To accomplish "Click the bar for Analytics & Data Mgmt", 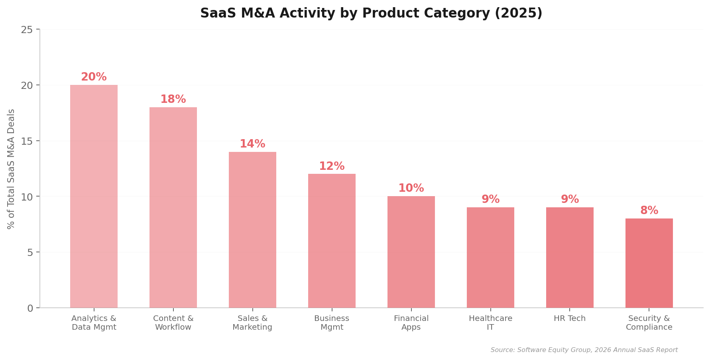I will click(x=94, y=196).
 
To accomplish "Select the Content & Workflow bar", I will click(x=173, y=207).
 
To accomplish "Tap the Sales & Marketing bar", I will click(x=252, y=230).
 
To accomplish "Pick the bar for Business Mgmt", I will click(x=332, y=241).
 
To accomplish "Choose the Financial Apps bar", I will click(x=411, y=252).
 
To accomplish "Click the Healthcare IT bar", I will click(x=490, y=258).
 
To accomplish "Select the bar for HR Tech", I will click(x=570, y=258).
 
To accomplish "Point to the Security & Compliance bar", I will click(x=649, y=263).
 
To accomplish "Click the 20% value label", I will click(x=94, y=77).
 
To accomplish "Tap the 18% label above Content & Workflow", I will click(x=173, y=99).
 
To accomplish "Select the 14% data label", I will click(x=252, y=144).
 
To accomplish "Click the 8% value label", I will click(x=649, y=210).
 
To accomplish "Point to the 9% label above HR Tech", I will click(x=570, y=199).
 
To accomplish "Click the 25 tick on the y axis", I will click(x=27, y=30).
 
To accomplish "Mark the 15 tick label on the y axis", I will click(x=27, y=141).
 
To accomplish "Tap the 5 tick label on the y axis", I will click(x=30, y=252).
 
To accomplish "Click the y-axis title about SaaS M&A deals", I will click(x=11, y=169).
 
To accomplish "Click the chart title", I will click(x=371, y=13).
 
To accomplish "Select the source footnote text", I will click(x=584, y=350).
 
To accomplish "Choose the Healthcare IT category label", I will click(x=490, y=323).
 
